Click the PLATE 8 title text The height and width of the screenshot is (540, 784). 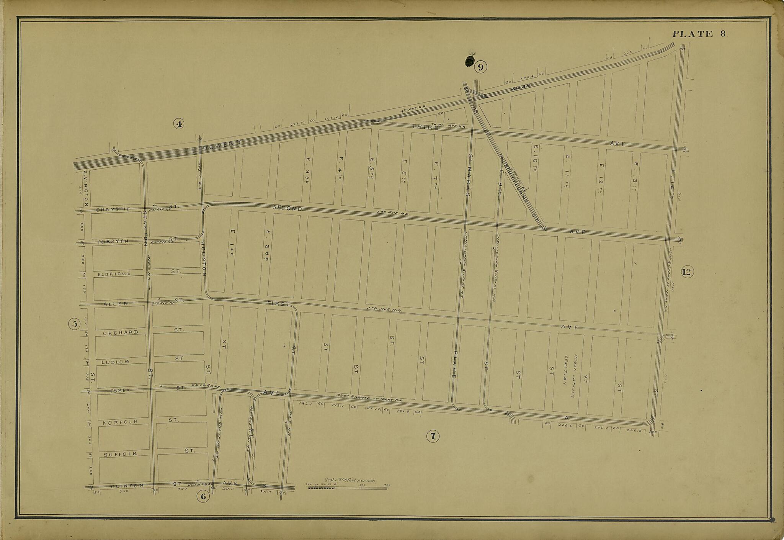click(700, 34)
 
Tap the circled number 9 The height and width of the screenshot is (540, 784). click(481, 67)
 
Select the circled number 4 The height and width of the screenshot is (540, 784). click(179, 123)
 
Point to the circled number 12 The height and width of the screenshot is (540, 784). click(687, 272)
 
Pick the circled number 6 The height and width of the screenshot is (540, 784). click(203, 497)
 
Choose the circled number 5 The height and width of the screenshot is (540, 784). click(74, 324)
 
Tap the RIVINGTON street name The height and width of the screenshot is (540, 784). click(85, 188)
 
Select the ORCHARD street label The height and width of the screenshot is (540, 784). click(120, 332)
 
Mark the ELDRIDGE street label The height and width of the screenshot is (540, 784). click(114, 274)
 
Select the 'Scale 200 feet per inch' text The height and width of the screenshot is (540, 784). click(350, 480)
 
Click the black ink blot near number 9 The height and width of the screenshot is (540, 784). click(469, 61)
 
